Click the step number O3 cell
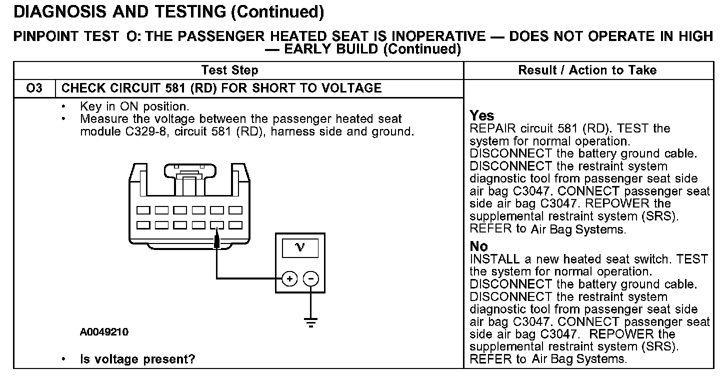pyautogui.click(x=34, y=88)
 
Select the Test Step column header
pyautogui.click(x=229, y=70)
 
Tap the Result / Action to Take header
pyautogui.click(x=587, y=70)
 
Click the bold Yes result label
pyautogui.click(x=482, y=116)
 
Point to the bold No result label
pyautogui.click(x=479, y=246)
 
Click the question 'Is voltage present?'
pyautogui.click(x=137, y=359)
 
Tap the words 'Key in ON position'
pyautogui.click(x=134, y=106)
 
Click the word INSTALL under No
pyautogui.click(x=494, y=259)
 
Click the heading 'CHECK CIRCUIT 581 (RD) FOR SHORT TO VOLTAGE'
pyautogui.click(x=221, y=88)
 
